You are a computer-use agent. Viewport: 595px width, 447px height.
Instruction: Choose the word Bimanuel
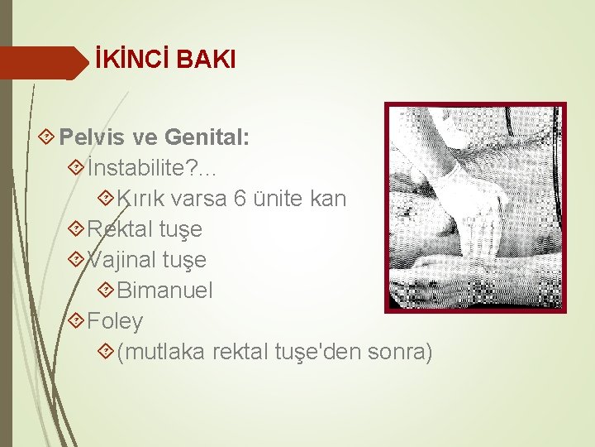click(165, 291)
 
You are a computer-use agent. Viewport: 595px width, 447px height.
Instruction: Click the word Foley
click(115, 321)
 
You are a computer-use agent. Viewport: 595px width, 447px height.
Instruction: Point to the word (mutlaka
click(161, 353)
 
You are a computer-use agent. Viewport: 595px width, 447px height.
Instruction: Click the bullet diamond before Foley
click(77, 320)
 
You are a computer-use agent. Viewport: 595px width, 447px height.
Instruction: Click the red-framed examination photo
click(474, 207)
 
